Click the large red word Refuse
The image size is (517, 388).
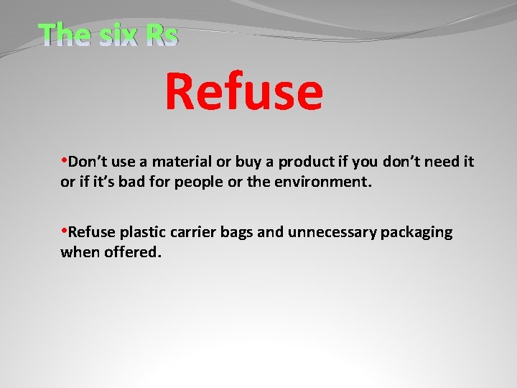244,93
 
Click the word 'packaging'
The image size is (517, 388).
416,232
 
